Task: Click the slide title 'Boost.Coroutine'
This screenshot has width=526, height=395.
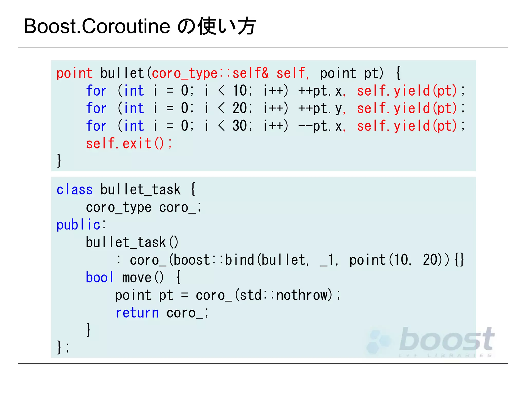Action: (x=97, y=26)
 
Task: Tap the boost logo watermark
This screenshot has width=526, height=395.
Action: (x=431, y=341)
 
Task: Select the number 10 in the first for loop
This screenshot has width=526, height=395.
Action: (x=240, y=91)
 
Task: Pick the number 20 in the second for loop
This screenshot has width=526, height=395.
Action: (x=240, y=108)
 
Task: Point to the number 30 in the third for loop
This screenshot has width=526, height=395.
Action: (x=240, y=126)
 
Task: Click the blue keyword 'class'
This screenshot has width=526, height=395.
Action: (x=74, y=190)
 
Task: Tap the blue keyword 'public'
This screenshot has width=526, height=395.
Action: (x=78, y=225)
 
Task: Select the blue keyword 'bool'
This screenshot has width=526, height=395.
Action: (x=99, y=278)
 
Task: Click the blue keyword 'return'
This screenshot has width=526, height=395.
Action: (x=137, y=313)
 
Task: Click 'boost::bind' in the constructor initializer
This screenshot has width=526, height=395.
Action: (x=214, y=260)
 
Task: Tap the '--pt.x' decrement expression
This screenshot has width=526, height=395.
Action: (x=320, y=126)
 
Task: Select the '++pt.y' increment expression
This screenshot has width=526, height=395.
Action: (x=320, y=108)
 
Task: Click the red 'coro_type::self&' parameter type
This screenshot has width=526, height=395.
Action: (x=210, y=73)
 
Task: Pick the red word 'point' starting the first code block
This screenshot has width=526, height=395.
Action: (x=74, y=73)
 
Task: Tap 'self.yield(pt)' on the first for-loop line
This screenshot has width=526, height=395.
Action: (x=407, y=91)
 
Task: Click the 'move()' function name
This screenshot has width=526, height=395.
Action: (x=143, y=278)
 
